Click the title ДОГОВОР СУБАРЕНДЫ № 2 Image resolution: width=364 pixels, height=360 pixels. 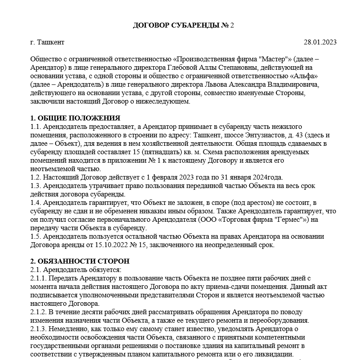coord(183,25)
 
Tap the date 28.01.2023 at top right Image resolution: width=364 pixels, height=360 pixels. coord(320,42)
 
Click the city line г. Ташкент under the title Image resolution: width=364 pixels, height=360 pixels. coord(48,42)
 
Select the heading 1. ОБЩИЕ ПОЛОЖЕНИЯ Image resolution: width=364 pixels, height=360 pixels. coord(75,118)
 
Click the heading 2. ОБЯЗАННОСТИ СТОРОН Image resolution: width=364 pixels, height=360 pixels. coord(80,261)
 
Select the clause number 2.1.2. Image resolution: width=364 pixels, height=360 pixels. coord(39,312)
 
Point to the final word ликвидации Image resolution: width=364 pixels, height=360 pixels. coord(275,354)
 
